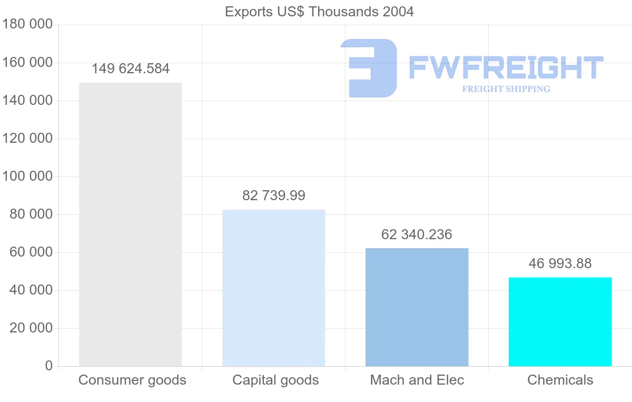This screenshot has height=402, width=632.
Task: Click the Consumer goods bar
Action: tap(130, 224)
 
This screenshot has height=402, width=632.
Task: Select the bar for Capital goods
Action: tap(273, 288)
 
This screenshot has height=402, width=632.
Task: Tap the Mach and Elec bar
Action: tap(417, 307)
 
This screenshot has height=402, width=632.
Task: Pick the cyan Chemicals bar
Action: tap(560, 321)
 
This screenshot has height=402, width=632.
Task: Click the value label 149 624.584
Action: tap(131, 69)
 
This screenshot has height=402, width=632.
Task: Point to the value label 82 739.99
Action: tap(274, 195)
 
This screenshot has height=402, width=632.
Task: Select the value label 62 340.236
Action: tap(417, 234)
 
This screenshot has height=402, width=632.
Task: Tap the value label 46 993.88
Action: tap(560, 263)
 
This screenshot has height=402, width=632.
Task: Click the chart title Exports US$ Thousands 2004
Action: tap(319, 12)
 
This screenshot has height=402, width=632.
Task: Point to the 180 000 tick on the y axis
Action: tap(27, 25)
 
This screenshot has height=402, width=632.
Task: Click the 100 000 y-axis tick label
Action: tap(27, 177)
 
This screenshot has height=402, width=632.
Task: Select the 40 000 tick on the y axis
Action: tap(31, 290)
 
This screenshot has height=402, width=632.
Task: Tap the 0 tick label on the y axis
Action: tap(49, 366)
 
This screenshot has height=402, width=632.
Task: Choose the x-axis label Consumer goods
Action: tap(132, 380)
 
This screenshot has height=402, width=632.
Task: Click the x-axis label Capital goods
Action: tap(275, 380)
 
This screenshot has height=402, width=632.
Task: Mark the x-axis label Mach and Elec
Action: tap(417, 380)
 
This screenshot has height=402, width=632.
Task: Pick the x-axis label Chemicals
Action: tap(560, 380)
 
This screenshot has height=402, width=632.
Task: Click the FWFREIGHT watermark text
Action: tap(506, 67)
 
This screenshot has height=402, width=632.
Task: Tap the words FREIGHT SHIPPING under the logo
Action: tap(506, 89)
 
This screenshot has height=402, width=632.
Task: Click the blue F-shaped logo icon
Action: tap(369, 68)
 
